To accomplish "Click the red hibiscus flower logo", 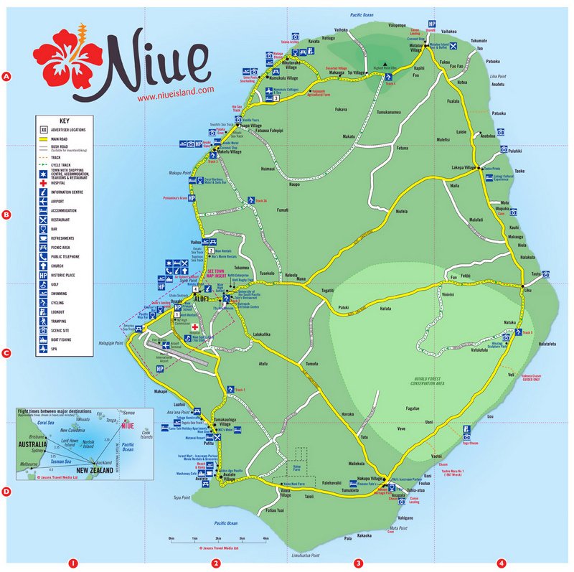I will pyautogui.click(x=72, y=59).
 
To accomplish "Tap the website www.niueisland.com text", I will pyautogui.click(x=176, y=90).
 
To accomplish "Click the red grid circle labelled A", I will pyautogui.click(x=6, y=76).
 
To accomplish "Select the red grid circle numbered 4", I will pyautogui.click(x=501, y=563).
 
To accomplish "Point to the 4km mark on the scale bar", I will pyautogui.click(x=265, y=538).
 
